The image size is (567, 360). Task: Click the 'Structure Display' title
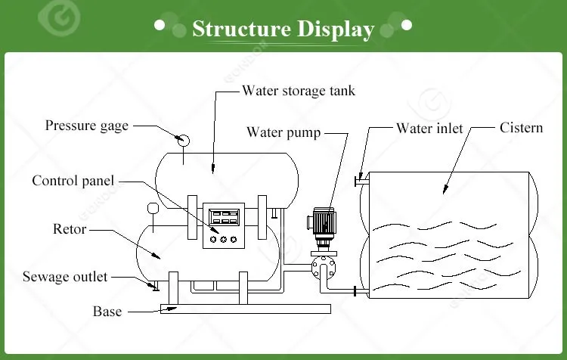[x=283, y=29]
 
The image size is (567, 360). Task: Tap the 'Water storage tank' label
[x=299, y=91]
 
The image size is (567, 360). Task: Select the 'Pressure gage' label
[x=87, y=126]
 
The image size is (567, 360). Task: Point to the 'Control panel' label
[x=73, y=181]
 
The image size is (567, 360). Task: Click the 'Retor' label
[x=70, y=229]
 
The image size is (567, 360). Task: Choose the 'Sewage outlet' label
[x=65, y=277]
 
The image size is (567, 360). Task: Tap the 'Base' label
[x=107, y=312]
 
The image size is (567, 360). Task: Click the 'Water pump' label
[x=283, y=132]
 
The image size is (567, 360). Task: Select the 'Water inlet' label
[x=429, y=129]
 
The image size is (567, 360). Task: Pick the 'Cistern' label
[x=521, y=128]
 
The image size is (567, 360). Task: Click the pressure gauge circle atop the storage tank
[x=184, y=141]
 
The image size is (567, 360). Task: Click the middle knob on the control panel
[x=224, y=239]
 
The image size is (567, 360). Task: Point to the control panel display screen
[x=224, y=217]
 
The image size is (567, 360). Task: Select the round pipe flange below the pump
[x=324, y=268]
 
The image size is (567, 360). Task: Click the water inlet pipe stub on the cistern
[x=362, y=181]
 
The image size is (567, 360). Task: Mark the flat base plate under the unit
[x=246, y=309]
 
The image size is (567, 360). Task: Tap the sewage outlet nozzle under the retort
[x=156, y=286]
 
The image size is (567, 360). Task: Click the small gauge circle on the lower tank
[x=153, y=208]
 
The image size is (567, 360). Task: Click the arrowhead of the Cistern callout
[x=445, y=189]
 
